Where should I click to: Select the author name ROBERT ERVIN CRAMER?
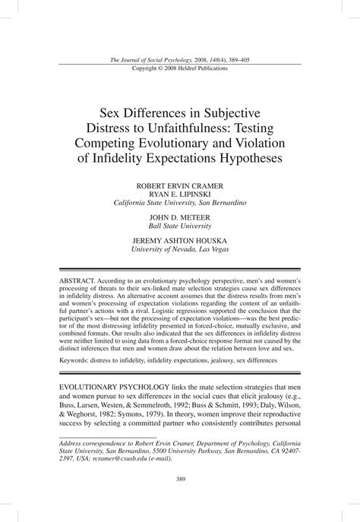180,185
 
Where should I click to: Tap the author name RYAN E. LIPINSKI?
180,194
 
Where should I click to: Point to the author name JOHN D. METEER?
180,217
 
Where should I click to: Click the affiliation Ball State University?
180,225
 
